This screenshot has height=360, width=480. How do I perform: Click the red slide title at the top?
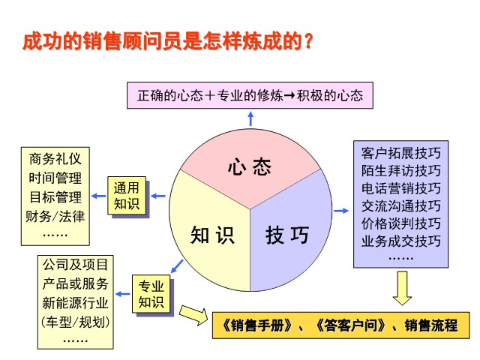pos(168,41)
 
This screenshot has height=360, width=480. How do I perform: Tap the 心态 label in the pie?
pos(250,166)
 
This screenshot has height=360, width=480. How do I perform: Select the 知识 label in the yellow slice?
pos(212,235)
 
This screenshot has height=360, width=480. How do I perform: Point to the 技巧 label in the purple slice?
pos(287,235)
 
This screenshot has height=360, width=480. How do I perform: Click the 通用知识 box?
pos(127,196)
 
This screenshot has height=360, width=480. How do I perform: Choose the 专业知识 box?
pos(151,294)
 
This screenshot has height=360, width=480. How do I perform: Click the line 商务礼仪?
pos(55,159)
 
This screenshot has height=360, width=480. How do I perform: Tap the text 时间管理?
pos(55,178)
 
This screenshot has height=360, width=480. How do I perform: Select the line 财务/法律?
pos(55,217)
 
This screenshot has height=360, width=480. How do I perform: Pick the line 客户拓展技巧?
pos(400,153)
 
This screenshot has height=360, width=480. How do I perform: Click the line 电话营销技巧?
pos(400,188)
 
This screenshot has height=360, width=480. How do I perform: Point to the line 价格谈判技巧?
pos(400,223)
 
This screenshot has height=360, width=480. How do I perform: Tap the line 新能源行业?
pos(75,303)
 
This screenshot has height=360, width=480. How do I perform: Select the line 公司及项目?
pos(75,265)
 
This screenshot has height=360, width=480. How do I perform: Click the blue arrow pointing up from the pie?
pos(250,118)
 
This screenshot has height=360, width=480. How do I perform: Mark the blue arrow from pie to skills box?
pos(341,211)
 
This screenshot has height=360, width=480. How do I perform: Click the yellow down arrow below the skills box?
pos(402,288)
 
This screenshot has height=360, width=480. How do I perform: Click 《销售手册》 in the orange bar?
pos(256,325)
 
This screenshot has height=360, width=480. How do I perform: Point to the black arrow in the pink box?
pos(289,95)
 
